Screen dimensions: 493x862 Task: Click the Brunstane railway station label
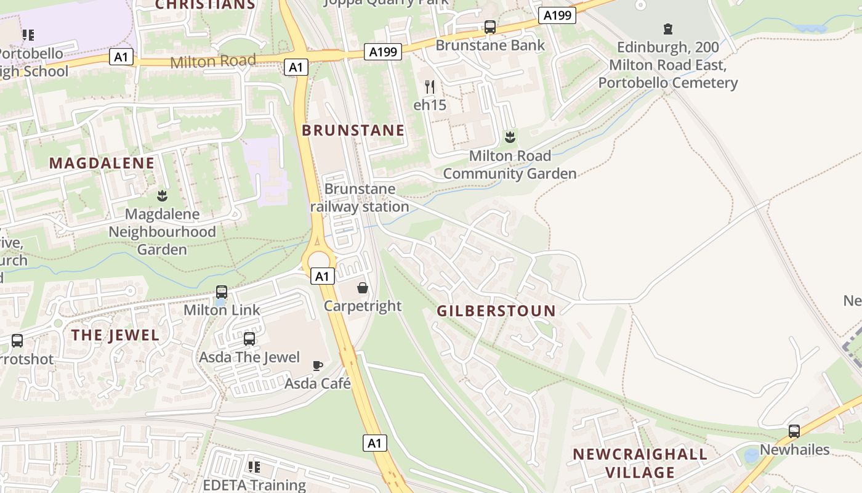(x=360, y=198)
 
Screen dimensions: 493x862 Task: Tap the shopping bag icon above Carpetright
(x=363, y=288)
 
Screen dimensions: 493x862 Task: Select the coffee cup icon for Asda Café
(x=318, y=365)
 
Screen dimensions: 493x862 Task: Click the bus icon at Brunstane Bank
(x=490, y=27)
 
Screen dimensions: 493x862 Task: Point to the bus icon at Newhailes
(x=794, y=431)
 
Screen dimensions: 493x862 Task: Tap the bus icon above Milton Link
(x=222, y=292)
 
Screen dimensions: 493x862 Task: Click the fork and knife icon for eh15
(x=430, y=87)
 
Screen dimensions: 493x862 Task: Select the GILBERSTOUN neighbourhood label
(x=496, y=311)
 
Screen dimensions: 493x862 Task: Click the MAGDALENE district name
(x=102, y=163)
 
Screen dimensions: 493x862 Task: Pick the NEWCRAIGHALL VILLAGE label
(x=640, y=463)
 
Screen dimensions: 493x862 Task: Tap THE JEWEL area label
(x=115, y=335)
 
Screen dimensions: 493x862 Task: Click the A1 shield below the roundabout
(x=323, y=276)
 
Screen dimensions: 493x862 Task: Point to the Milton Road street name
(x=212, y=61)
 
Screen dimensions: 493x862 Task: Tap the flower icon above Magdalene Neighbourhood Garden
(x=162, y=196)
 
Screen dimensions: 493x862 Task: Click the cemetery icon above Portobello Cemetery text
(x=667, y=29)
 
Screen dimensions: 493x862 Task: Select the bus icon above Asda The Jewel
(x=249, y=338)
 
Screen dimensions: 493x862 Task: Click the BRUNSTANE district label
(x=353, y=131)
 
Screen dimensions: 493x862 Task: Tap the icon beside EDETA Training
(x=253, y=467)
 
